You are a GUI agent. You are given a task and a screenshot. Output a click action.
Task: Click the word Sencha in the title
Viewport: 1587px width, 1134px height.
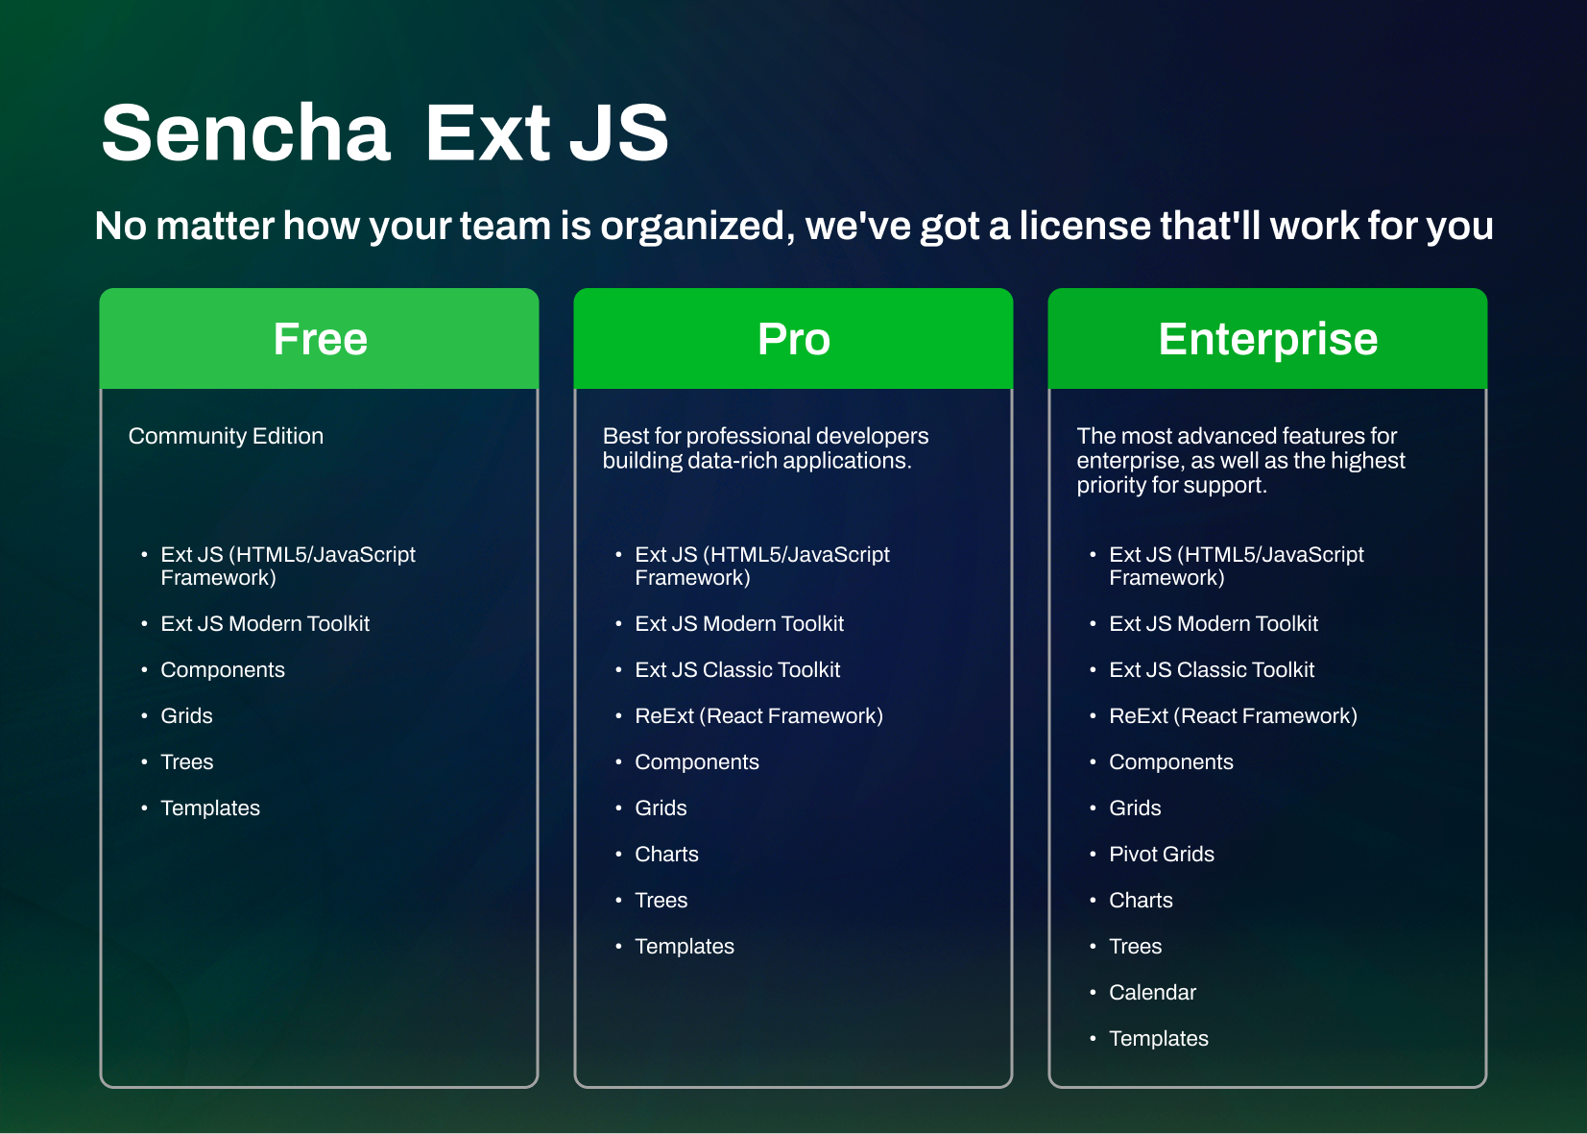coord(245,133)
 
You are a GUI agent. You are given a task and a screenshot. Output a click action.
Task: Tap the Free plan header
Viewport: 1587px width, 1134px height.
coord(319,338)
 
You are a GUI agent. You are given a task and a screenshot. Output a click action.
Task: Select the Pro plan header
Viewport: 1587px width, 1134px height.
coord(793,338)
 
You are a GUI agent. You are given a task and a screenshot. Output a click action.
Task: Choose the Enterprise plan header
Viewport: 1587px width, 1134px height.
coord(1267,338)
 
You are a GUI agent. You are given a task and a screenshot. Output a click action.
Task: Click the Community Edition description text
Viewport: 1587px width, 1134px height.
coord(226,436)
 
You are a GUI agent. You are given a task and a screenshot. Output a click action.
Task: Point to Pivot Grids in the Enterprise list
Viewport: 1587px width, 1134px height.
coord(1161,854)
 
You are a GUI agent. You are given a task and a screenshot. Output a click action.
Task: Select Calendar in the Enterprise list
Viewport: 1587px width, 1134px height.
coord(1152,992)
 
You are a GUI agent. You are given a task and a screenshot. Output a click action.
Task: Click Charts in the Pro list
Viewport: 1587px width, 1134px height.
coord(666,854)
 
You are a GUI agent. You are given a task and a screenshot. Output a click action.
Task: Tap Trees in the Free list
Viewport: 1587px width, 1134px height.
coord(186,761)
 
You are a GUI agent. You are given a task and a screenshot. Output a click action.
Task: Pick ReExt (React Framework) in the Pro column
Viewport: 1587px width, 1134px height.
coord(758,716)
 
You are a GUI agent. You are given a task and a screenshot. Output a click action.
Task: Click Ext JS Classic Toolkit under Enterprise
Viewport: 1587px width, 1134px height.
coord(1212,670)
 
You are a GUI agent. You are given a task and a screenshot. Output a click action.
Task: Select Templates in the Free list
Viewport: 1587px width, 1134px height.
coord(209,808)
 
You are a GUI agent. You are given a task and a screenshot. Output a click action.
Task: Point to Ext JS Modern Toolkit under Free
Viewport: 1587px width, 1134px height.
coord(265,624)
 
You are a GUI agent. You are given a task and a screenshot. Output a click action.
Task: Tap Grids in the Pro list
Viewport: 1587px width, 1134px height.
coord(661,808)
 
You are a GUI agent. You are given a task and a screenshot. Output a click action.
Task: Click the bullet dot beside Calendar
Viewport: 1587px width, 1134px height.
coord(1093,993)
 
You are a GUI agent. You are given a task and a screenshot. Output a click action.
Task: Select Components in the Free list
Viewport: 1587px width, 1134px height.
coord(223,670)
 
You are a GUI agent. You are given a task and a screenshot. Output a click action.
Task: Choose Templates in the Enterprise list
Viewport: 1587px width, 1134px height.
coord(1159,1038)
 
